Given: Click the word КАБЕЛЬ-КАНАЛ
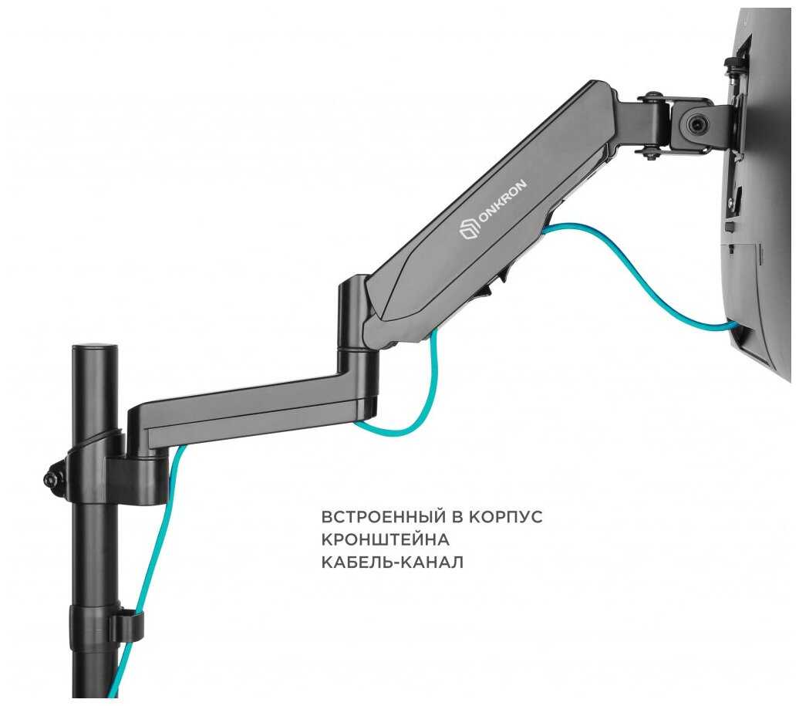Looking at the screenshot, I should pos(392,562).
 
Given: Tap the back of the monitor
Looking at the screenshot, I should pos(764,193).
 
